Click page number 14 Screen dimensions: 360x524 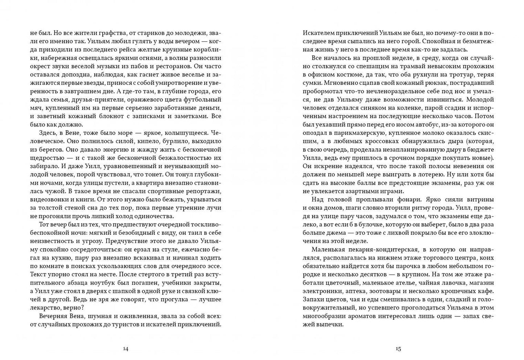[125, 349]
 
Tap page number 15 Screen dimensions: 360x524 [398, 349]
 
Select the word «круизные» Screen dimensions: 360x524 [170, 49]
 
